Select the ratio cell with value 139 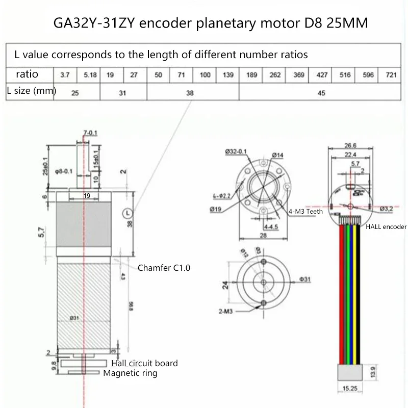click(227, 74)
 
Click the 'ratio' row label click(27, 74)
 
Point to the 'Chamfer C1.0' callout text click(164, 267)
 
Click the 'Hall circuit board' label click(144, 363)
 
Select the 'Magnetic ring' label click(131, 373)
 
